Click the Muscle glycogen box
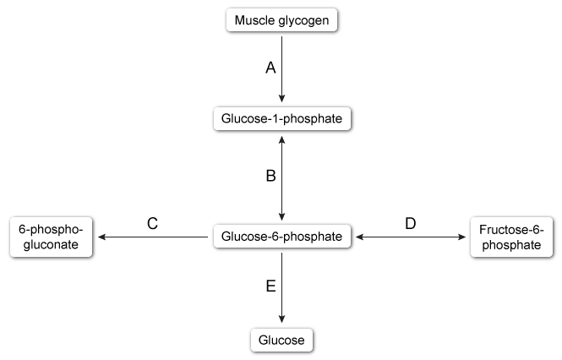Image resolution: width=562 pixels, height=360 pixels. [281, 20]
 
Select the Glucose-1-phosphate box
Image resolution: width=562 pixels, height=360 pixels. [281, 119]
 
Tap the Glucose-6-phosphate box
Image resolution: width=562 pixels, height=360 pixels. [281, 237]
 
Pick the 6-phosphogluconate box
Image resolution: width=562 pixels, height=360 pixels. [51, 237]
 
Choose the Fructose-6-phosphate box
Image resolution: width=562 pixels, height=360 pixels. [510, 237]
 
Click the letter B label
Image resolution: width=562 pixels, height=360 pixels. [270, 177]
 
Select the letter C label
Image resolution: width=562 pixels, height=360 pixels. [153, 224]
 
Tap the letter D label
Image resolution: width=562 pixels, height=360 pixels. [411, 224]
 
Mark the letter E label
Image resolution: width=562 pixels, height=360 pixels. [270, 287]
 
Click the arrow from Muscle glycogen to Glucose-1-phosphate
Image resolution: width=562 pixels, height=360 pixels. [281, 72]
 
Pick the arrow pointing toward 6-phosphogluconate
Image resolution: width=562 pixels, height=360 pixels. [152, 238]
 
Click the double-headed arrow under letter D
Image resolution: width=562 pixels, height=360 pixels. [411, 238]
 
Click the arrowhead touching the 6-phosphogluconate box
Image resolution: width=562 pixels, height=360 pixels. [102, 238]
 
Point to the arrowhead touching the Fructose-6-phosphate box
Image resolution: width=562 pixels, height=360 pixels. [462, 238]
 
